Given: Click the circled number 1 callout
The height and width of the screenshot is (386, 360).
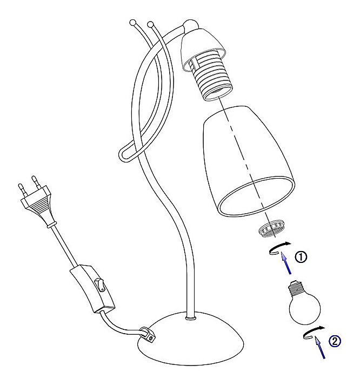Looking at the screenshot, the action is pyautogui.click(x=301, y=257).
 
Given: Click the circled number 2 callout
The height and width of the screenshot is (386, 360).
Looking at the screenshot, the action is pyautogui.click(x=335, y=341).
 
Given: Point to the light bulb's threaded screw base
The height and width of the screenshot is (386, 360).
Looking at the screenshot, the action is pyautogui.click(x=296, y=288).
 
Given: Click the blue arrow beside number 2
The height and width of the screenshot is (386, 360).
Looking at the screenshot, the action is pyautogui.click(x=320, y=348).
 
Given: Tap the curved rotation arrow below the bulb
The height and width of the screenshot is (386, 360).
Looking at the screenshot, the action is pyautogui.click(x=313, y=333).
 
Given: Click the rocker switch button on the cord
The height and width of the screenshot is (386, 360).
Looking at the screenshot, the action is pyautogui.click(x=99, y=285).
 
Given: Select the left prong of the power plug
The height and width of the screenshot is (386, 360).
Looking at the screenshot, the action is pyautogui.click(x=22, y=189).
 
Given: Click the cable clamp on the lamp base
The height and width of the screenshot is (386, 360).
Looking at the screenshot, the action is pyautogui.click(x=148, y=334).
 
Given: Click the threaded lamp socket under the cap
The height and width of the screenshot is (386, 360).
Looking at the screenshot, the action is pyautogui.click(x=211, y=77).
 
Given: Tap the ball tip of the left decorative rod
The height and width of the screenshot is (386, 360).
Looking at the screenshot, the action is pyautogui.click(x=133, y=22).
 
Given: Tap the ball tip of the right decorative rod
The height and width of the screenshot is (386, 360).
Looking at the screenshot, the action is pyautogui.click(x=150, y=25).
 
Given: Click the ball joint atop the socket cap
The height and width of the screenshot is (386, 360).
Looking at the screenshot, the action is pyautogui.click(x=190, y=25).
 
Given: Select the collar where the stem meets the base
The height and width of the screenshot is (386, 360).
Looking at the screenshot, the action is pyautogui.click(x=191, y=319).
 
